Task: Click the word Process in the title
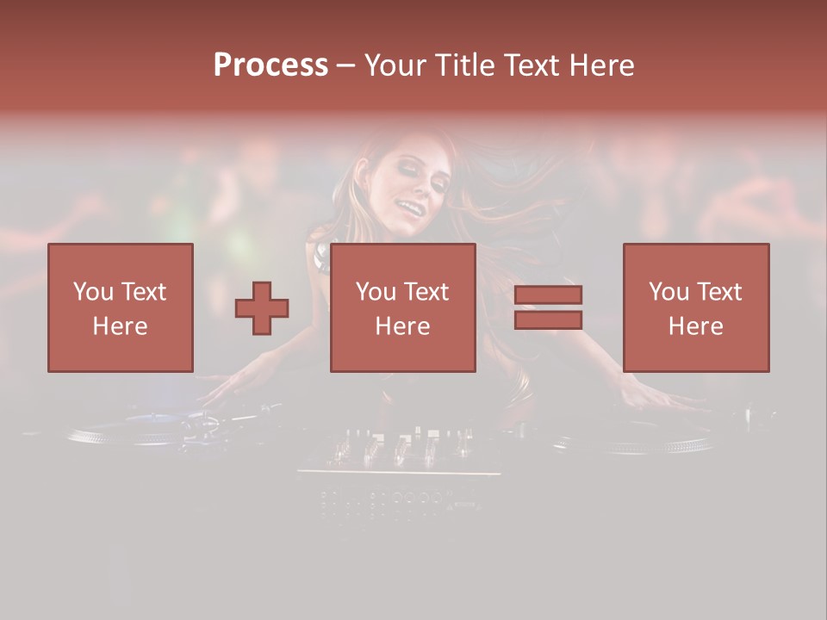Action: [x=270, y=65]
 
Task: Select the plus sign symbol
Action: [x=262, y=308]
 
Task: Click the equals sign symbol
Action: [x=548, y=307]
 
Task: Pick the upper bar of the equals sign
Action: [x=548, y=295]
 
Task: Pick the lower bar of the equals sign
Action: [x=548, y=320]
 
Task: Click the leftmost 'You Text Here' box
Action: [x=121, y=307]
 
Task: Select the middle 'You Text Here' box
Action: [x=402, y=307]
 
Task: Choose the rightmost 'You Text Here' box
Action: [x=695, y=307]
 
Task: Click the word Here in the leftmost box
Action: [x=121, y=325]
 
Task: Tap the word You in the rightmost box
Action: [x=668, y=292]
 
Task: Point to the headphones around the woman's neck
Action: [x=321, y=257]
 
